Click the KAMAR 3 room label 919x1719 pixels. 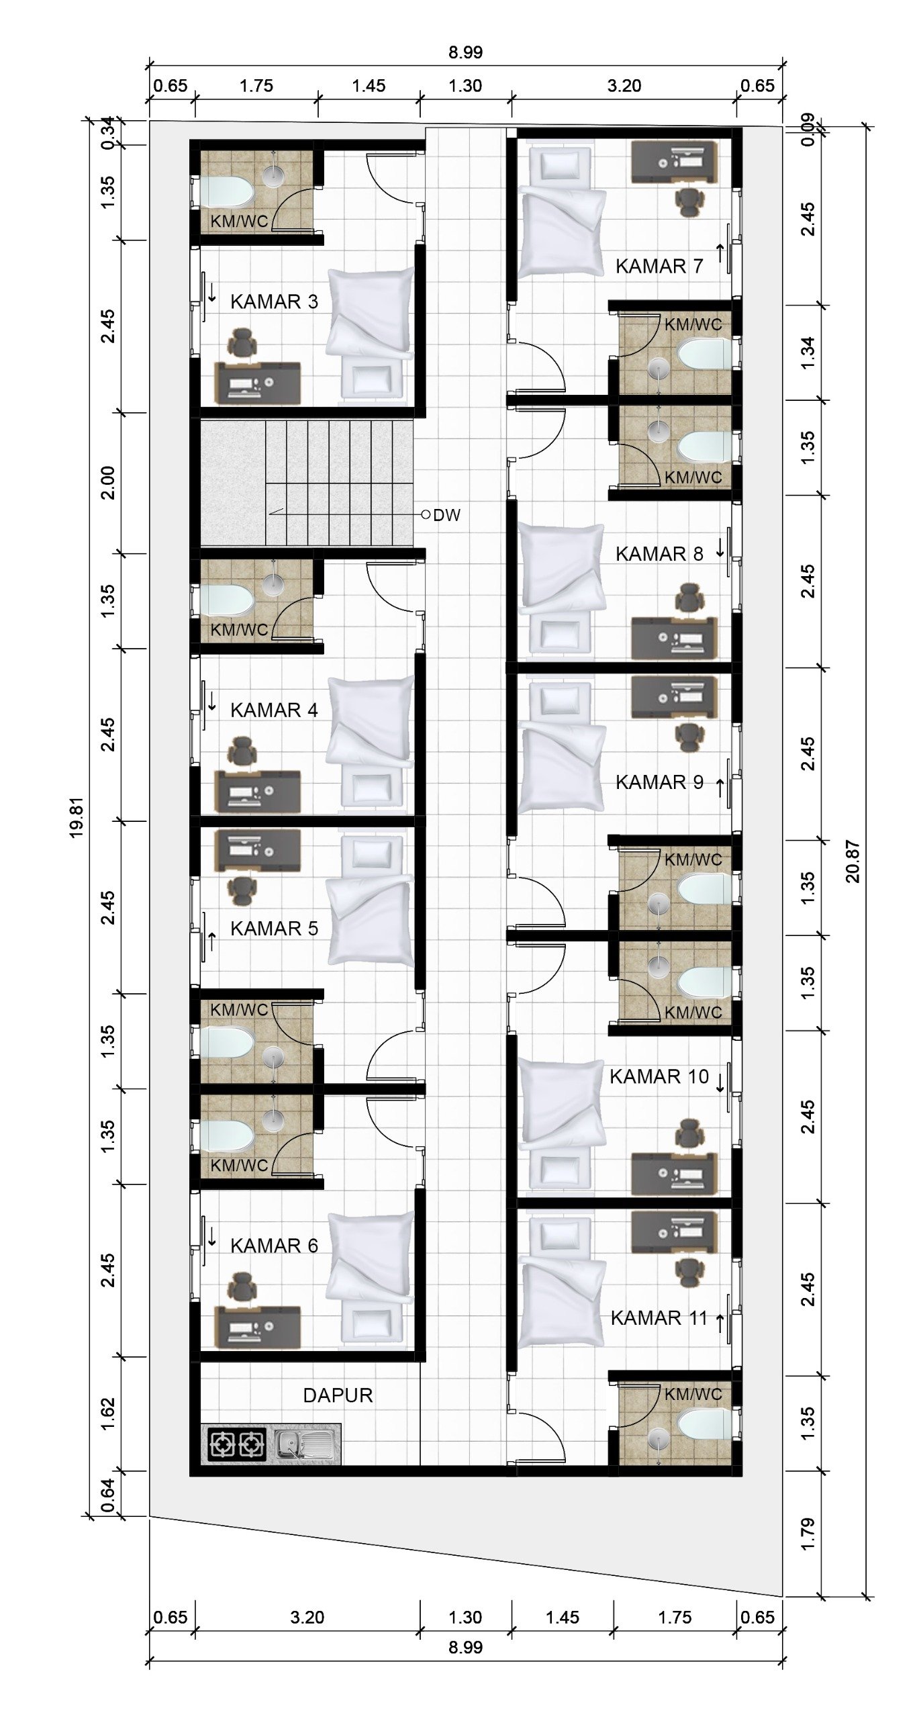click(x=274, y=301)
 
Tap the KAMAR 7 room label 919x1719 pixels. click(x=659, y=267)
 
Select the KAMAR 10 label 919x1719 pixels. click(x=659, y=1076)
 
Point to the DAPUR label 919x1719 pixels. click(x=338, y=1395)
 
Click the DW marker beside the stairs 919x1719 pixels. click(x=446, y=515)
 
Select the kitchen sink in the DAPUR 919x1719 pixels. click(x=305, y=1444)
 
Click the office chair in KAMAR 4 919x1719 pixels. click(x=242, y=751)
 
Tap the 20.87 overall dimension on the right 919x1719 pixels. click(x=853, y=862)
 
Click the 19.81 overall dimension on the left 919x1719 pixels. click(x=77, y=817)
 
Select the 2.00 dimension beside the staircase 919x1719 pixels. click(x=108, y=483)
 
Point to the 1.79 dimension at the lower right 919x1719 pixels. click(x=808, y=1534)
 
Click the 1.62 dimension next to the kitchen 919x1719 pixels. click(x=108, y=1413)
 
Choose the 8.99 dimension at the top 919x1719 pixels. click(x=465, y=52)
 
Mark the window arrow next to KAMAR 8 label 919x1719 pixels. click(x=720, y=549)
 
